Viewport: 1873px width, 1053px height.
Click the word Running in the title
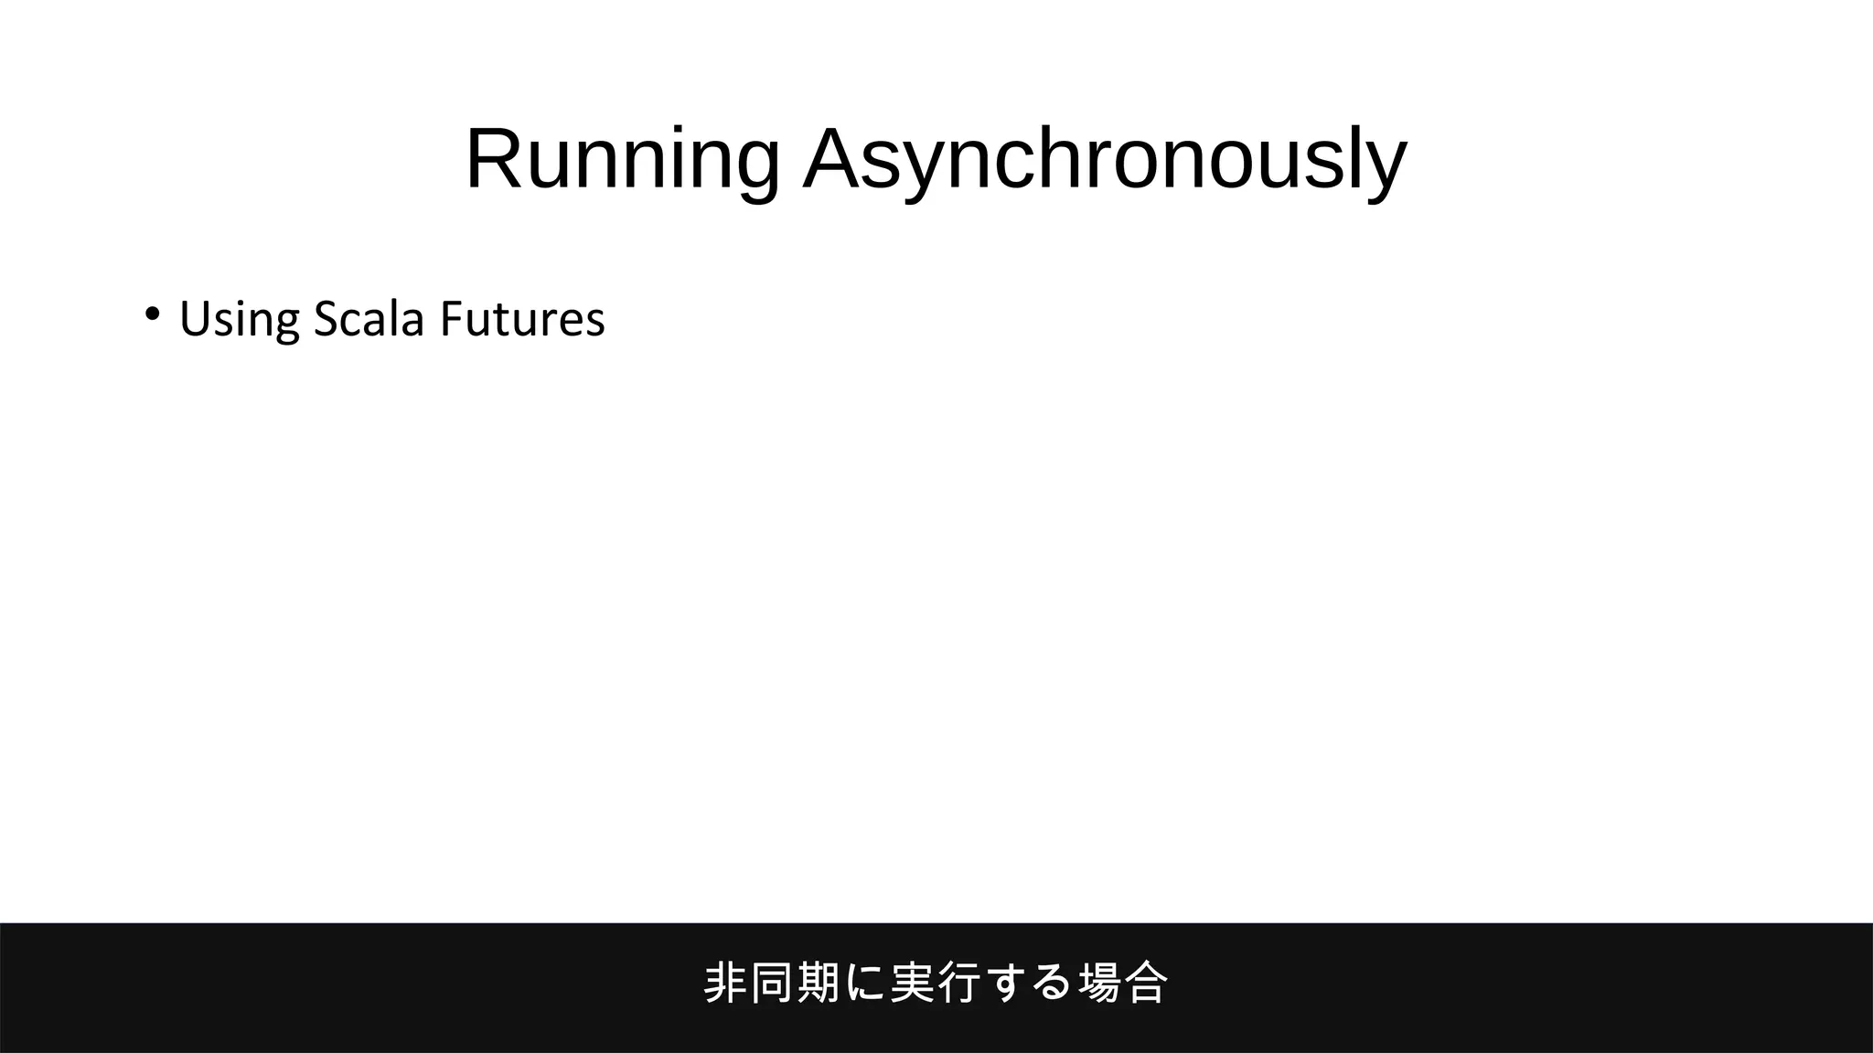pos(623,160)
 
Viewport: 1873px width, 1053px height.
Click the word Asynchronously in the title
pos(1105,160)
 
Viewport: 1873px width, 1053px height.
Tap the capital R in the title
pos(494,158)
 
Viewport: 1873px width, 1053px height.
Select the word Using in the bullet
pos(239,320)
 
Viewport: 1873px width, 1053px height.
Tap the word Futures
pos(522,319)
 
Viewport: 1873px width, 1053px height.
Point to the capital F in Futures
pos(450,319)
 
